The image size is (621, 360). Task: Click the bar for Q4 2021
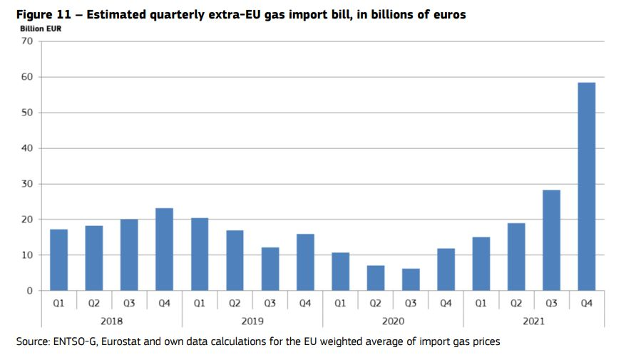pyautogui.click(x=586, y=187)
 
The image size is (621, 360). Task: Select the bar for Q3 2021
pyautogui.click(x=551, y=240)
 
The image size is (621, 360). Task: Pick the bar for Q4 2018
pyautogui.click(x=165, y=250)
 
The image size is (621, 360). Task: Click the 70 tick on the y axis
pyautogui.click(x=27, y=41)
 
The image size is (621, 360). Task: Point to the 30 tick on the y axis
pyautogui.click(x=27, y=184)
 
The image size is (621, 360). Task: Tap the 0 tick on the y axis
pyautogui.click(x=30, y=291)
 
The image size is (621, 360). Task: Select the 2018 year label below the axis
pyautogui.click(x=112, y=321)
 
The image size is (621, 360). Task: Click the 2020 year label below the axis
pyautogui.click(x=393, y=321)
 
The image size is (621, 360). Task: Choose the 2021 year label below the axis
pyautogui.click(x=533, y=321)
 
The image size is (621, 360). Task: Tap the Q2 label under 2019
pyautogui.click(x=235, y=303)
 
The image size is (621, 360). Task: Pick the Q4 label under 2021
pyautogui.click(x=586, y=303)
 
